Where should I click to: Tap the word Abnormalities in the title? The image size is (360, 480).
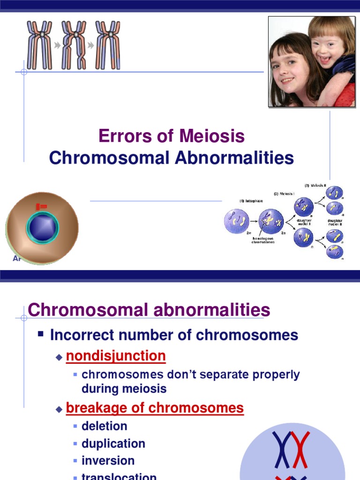pos(234,158)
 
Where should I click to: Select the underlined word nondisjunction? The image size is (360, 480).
pos(116,356)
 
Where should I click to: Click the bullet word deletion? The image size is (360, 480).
pos(105,426)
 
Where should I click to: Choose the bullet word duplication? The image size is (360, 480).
pos(113,443)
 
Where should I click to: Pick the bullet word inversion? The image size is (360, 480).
pos(108,461)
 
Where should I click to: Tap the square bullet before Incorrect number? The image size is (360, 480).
pos(41,334)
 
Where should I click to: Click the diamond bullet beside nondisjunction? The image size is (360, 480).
pos(59,357)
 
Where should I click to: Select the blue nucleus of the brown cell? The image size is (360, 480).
pos(43,227)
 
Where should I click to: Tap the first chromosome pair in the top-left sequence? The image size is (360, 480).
pos(39,45)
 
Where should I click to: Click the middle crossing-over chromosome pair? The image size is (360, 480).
pos(75,45)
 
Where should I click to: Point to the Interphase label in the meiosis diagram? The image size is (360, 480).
pos(251,201)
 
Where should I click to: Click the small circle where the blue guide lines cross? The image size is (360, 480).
pos(24,72)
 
